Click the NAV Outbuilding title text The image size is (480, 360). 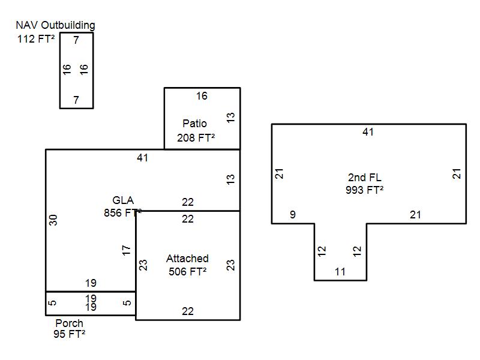click(x=55, y=25)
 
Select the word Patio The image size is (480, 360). click(x=194, y=124)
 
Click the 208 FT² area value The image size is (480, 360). click(x=196, y=138)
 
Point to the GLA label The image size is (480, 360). click(x=123, y=200)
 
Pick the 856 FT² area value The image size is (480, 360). click(x=122, y=212)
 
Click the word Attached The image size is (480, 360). click(x=187, y=259)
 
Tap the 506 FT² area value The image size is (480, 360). click(x=187, y=271)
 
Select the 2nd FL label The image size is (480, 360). click(x=364, y=178)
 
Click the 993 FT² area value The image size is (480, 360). click(x=364, y=190)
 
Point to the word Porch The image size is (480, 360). click(x=69, y=323)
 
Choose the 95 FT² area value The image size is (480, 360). click(x=69, y=334)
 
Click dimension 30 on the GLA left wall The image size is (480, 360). click(x=53, y=220)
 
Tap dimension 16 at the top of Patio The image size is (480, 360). click(x=202, y=96)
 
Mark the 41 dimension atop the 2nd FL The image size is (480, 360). click(x=368, y=132)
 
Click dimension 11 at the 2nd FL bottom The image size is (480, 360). click(x=340, y=272)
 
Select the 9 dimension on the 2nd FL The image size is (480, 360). click(x=292, y=214)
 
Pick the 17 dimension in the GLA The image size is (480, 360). click(x=126, y=250)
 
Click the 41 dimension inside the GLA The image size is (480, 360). click(x=142, y=158)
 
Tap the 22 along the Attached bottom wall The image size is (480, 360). click(x=188, y=311)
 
